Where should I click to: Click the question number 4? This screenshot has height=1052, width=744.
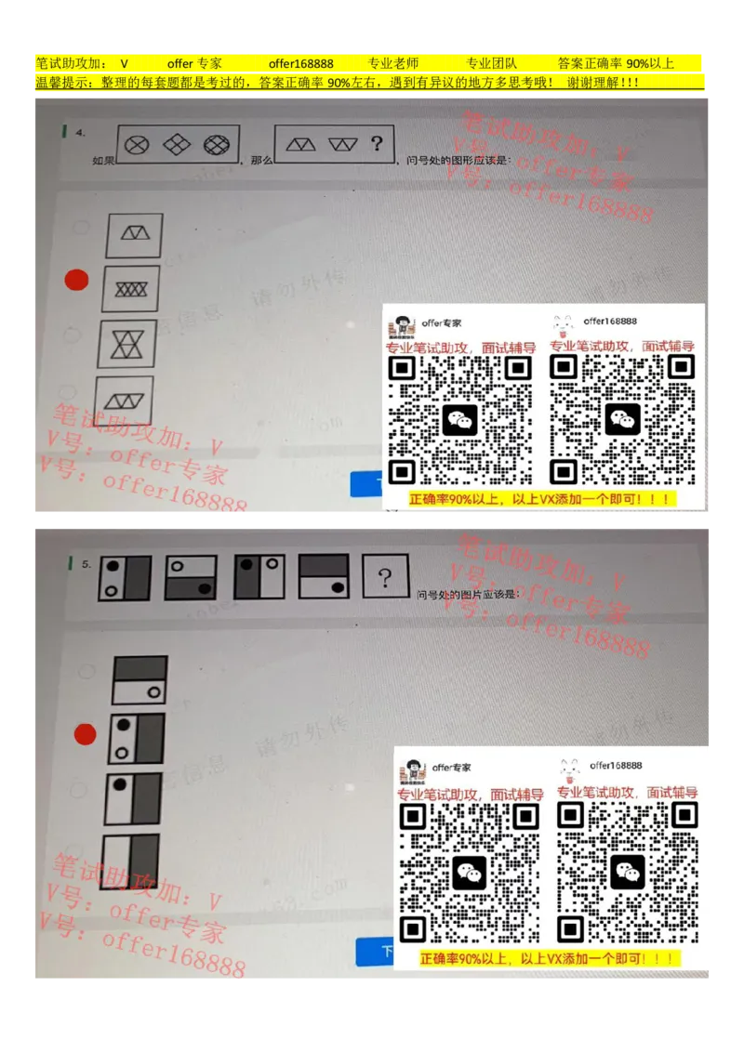(82, 133)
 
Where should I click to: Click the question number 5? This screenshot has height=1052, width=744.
(86, 564)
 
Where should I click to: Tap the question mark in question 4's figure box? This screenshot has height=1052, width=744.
(377, 143)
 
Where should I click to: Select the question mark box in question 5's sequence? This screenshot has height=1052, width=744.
(385, 578)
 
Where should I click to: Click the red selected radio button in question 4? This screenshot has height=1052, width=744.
(76, 279)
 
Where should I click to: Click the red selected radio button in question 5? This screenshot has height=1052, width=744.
(85, 735)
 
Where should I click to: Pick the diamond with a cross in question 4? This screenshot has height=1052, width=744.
(177, 144)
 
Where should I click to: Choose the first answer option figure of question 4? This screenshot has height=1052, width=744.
(135, 235)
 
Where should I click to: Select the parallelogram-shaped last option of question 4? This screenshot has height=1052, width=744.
(125, 401)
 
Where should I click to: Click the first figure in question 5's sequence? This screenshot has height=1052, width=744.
(125, 577)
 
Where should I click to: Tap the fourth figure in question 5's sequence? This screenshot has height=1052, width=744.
(324, 576)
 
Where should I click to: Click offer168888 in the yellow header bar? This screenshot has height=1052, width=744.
(300, 63)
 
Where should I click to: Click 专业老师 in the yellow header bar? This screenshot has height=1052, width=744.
(392, 63)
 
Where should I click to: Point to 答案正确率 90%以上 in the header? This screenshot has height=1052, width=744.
(615, 63)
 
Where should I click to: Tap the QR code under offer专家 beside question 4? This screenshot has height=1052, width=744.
(459, 419)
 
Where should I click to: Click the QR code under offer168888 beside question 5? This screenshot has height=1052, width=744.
(626, 870)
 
